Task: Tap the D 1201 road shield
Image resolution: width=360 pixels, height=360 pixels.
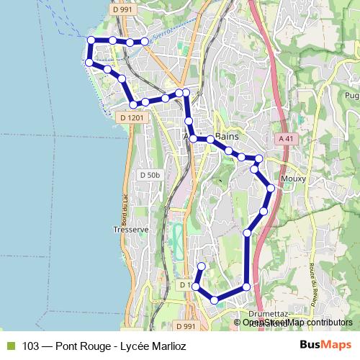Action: coord(132,117)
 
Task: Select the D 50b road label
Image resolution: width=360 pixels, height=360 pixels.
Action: coord(150,175)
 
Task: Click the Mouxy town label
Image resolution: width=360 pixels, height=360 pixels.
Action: coord(294,179)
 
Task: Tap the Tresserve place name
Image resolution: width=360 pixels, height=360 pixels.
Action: coord(130,230)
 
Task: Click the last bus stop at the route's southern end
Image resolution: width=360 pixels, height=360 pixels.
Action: coord(202,266)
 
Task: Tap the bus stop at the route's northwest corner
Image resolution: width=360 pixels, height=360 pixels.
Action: coord(91,41)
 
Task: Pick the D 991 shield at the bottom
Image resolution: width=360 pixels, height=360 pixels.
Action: coord(185,326)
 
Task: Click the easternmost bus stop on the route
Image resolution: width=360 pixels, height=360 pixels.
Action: coord(271,188)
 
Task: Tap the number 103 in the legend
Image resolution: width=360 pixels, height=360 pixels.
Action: coord(31,346)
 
